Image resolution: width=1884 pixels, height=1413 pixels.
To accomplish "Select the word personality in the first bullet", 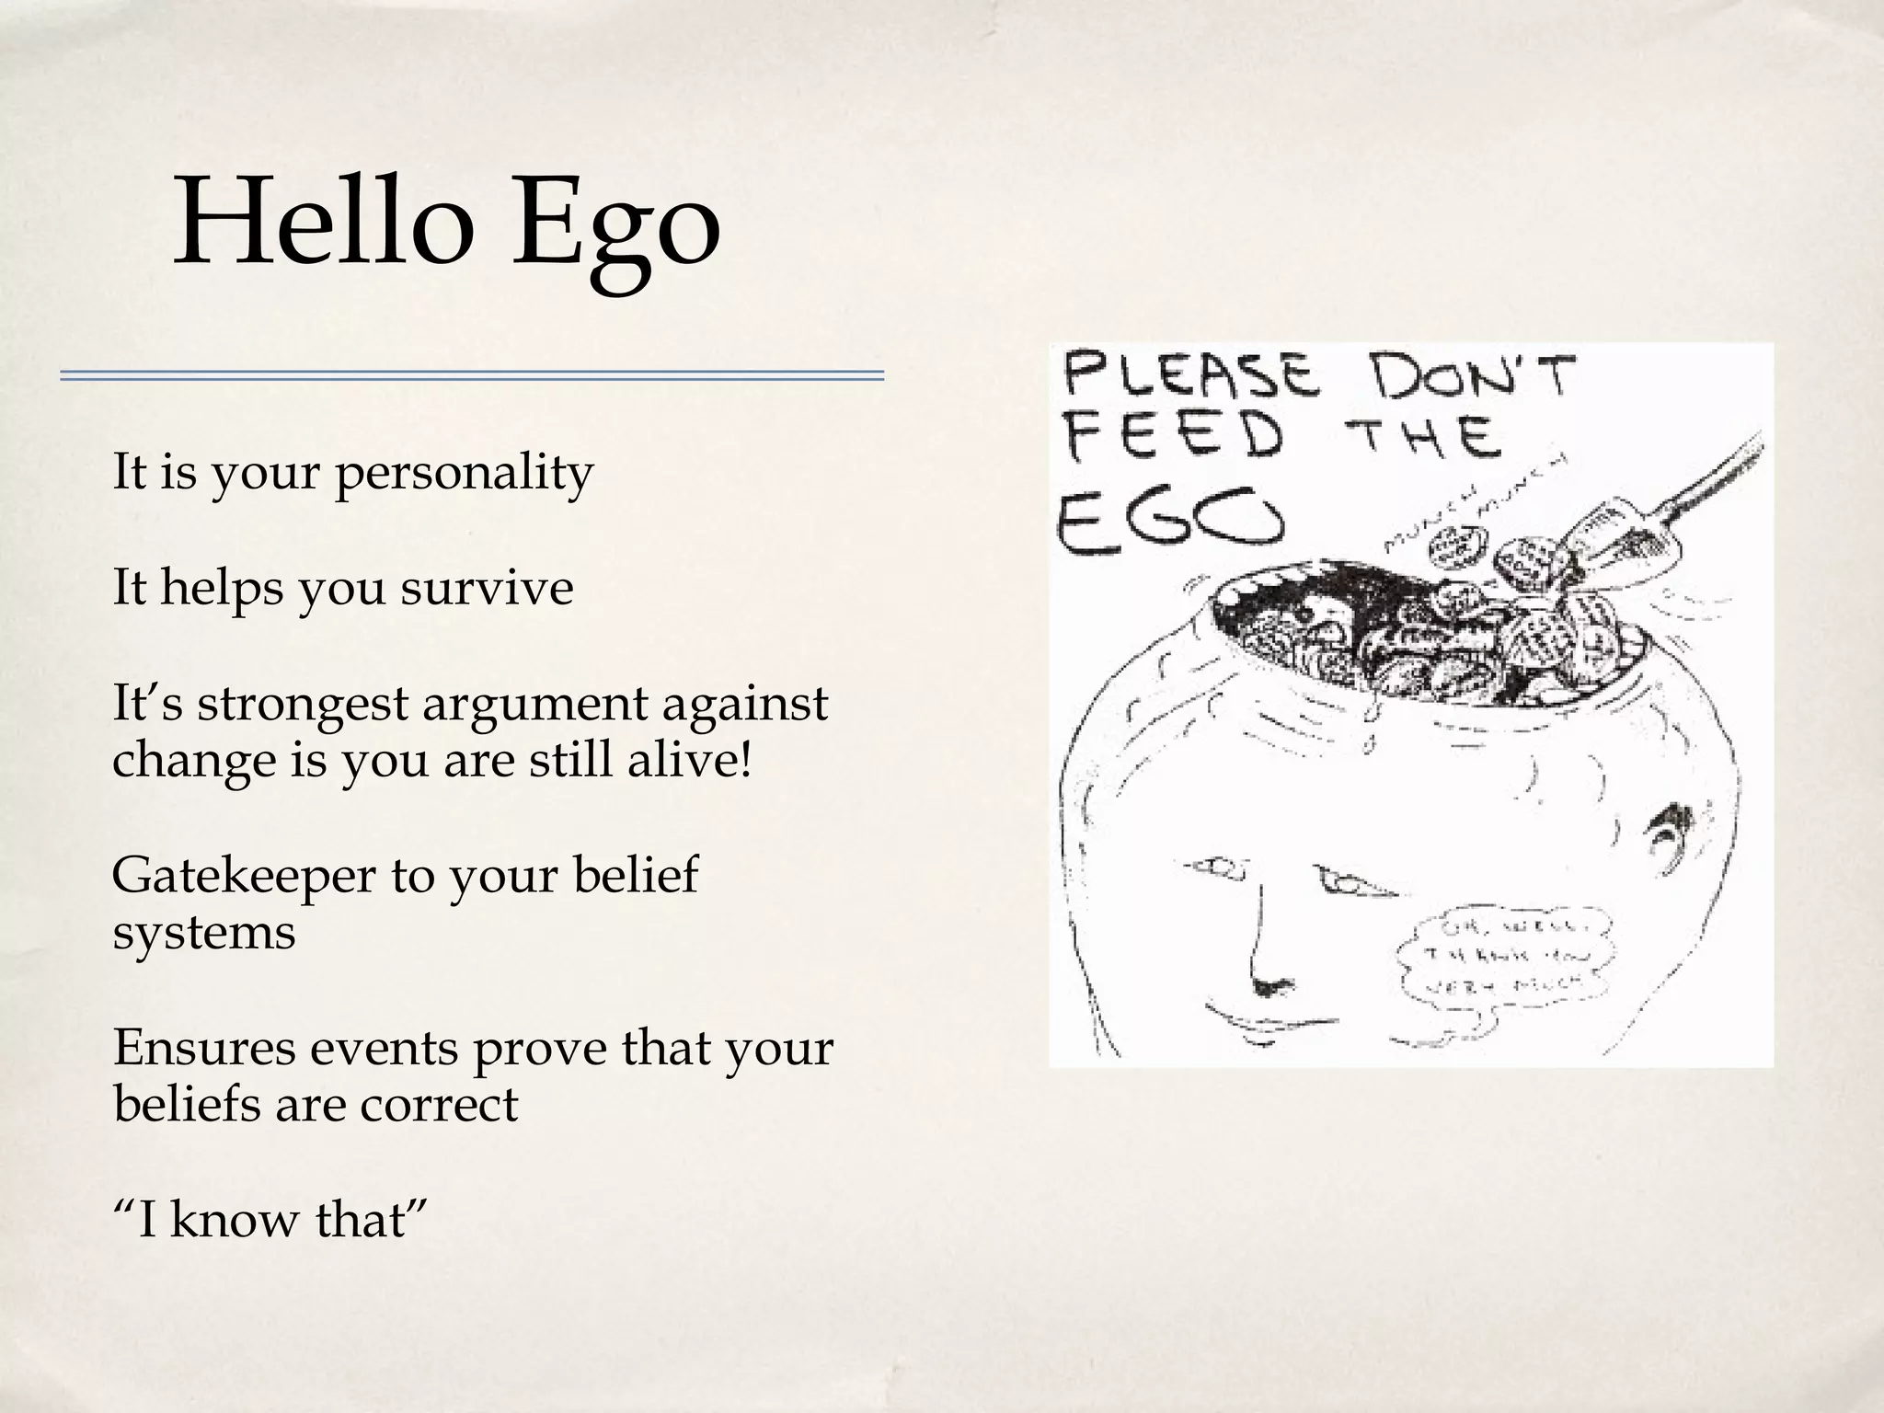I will [464, 475].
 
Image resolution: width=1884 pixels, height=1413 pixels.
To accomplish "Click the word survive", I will [487, 589].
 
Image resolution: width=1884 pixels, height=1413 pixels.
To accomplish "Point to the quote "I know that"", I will [270, 1220].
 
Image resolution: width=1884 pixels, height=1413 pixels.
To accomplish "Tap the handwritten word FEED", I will [1173, 438].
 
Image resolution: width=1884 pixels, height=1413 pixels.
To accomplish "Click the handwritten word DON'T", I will [1472, 376].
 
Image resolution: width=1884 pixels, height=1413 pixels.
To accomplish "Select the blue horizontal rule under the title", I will [472, 375].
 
